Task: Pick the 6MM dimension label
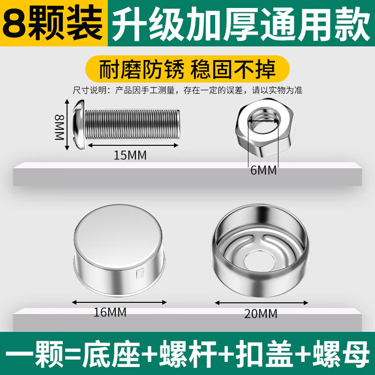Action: pyautogui.click(x=263, y=171)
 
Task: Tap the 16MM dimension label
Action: pyautogui.click(x=110, y=312)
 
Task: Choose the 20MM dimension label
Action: pyautogui.click(x=261, y=313)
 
